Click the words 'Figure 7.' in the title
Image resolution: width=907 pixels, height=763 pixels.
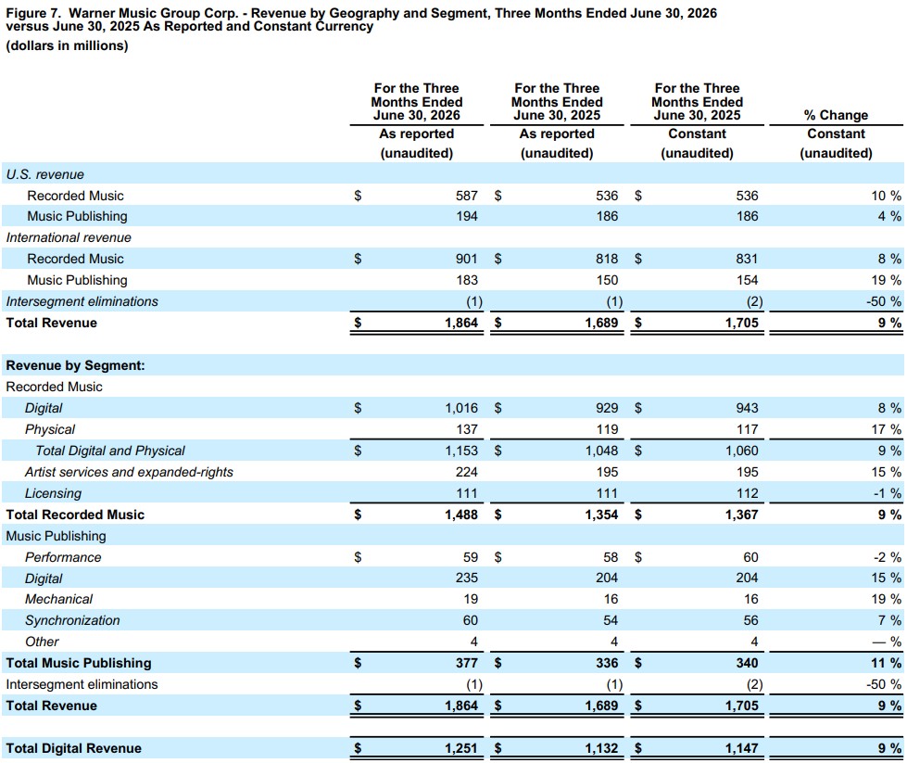33,13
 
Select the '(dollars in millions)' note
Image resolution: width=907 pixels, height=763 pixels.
67,45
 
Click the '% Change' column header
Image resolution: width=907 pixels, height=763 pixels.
836,115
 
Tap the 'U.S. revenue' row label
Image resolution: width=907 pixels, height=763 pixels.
45,174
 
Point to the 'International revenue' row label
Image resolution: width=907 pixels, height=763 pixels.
69,237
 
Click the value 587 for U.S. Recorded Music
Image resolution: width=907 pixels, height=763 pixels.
467,196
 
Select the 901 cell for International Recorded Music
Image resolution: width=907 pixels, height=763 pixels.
467,259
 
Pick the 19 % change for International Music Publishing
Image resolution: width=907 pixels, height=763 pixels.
887,280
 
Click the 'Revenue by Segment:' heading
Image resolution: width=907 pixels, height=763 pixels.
75,365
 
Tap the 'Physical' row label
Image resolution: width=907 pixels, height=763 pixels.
50,429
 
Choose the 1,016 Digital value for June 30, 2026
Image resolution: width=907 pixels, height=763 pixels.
461,408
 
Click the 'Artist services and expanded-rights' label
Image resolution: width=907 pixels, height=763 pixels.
129,472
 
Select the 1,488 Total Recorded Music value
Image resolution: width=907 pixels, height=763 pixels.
461,515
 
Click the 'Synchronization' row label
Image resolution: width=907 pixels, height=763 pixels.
72,620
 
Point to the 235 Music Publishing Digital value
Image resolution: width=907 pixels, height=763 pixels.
467,578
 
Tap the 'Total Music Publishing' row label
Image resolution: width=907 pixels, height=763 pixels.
79,663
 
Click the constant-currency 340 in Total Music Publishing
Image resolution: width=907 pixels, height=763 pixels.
748,663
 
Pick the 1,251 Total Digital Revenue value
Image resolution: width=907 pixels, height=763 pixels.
461,748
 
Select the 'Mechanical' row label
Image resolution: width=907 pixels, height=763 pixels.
59,599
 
